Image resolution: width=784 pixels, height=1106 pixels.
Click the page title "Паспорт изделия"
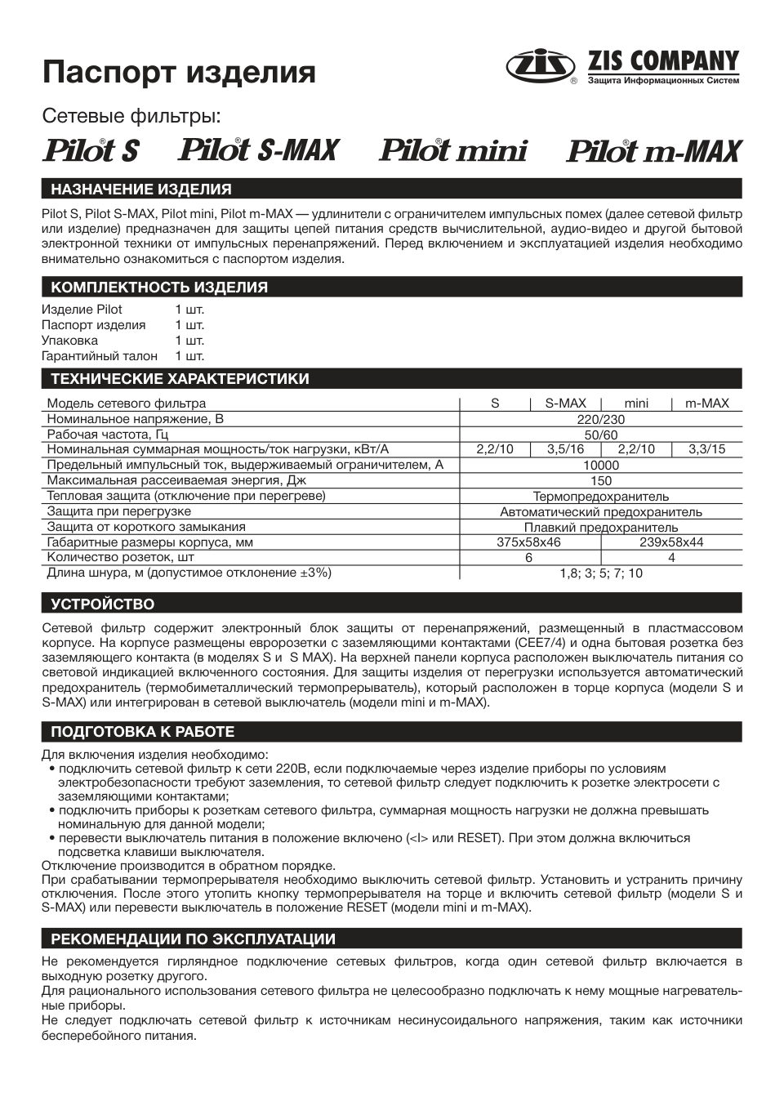[179, 72]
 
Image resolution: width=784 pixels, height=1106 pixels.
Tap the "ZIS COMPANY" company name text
[662, 61]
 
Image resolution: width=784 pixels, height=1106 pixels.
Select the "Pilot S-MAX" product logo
[259, 150]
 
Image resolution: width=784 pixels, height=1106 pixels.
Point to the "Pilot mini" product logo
[453, 151]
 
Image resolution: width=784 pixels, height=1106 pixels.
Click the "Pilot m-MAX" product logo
[654, 152]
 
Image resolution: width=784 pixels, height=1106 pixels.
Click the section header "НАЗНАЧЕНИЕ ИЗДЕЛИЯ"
[141, 190]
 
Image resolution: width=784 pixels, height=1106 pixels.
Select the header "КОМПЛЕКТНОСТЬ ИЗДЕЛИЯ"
[159, 288]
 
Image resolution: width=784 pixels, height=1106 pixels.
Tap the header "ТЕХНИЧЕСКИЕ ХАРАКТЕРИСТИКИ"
[180, 379]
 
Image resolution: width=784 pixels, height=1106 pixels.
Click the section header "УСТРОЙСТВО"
[103, 604]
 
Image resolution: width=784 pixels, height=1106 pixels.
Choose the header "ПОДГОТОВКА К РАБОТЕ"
[143, 732]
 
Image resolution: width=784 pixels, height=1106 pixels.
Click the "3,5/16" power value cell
[566, 449]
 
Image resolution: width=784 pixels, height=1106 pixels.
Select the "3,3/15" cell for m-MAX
[706, 449]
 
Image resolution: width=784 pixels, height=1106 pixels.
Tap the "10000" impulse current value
[601, 465]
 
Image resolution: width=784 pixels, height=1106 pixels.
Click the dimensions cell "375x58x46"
[529, 542]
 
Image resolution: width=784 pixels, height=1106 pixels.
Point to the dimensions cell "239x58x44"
[671, 542]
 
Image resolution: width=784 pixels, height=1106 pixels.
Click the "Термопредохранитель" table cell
[601, 496]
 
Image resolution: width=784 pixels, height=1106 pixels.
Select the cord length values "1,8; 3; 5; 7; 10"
[601, 573]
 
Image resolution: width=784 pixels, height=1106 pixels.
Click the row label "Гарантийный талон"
[93, 356]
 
